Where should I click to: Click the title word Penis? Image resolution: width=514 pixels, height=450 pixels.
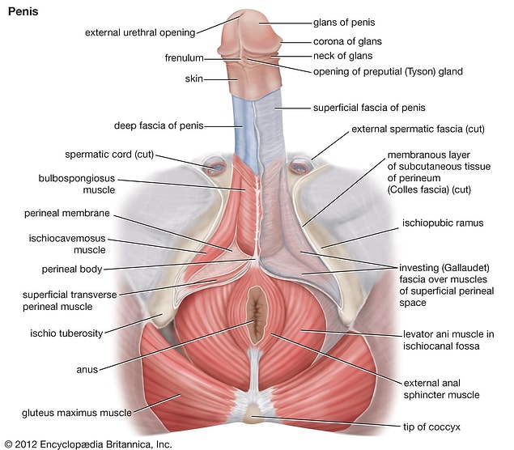point(23,12)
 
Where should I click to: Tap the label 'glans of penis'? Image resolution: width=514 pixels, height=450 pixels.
point(344,23)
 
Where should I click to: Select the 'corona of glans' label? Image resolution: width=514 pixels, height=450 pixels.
point(347,41)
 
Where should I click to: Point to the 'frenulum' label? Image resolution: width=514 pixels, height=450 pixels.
point(184,58)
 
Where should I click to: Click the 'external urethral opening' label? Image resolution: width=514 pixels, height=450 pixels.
point(140,32)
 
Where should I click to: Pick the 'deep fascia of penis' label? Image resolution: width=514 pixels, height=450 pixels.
point(159,126)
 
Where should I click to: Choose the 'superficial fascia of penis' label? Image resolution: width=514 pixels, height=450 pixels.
point(369,108)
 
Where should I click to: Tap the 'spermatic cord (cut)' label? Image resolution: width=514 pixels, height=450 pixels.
point(109,155)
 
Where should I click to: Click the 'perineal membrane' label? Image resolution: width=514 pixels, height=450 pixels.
point(67,214)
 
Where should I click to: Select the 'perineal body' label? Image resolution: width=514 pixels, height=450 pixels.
point(72,270)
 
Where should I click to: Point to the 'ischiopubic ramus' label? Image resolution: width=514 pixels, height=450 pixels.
point(443,223)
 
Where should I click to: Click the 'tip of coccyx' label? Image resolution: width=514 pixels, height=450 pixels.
point(431,427)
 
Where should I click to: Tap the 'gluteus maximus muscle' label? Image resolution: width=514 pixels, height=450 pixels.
point(77,413)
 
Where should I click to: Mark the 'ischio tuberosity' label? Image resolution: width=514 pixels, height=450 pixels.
point(66,333)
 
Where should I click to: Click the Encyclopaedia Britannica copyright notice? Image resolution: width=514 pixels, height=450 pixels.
point(88,444)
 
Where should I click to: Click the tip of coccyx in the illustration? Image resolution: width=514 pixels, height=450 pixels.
point(252,413)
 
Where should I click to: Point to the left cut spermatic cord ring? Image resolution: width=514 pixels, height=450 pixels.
point(215,168)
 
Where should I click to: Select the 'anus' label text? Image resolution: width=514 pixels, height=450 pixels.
point(87,370)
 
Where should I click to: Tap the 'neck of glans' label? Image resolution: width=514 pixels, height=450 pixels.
point(342,56)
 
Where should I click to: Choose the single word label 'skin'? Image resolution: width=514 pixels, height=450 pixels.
point(193,79)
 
